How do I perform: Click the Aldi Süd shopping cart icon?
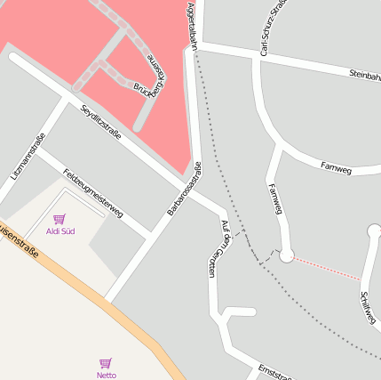[60, 219]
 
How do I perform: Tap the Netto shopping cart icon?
[106, 363]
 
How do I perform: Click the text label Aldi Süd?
[60, 232]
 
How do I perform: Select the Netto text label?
[107, 376]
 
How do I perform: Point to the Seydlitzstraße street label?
[100, 122]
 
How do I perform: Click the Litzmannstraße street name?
[28, 157]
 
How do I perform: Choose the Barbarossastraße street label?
[184, 189]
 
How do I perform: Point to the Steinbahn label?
[364, 76]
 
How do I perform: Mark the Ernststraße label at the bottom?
[274, 371]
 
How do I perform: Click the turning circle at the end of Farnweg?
[286, 256]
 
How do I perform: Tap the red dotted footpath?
[327, 268]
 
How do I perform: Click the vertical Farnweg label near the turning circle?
[274, 198]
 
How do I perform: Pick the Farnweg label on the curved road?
[336, 166]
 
